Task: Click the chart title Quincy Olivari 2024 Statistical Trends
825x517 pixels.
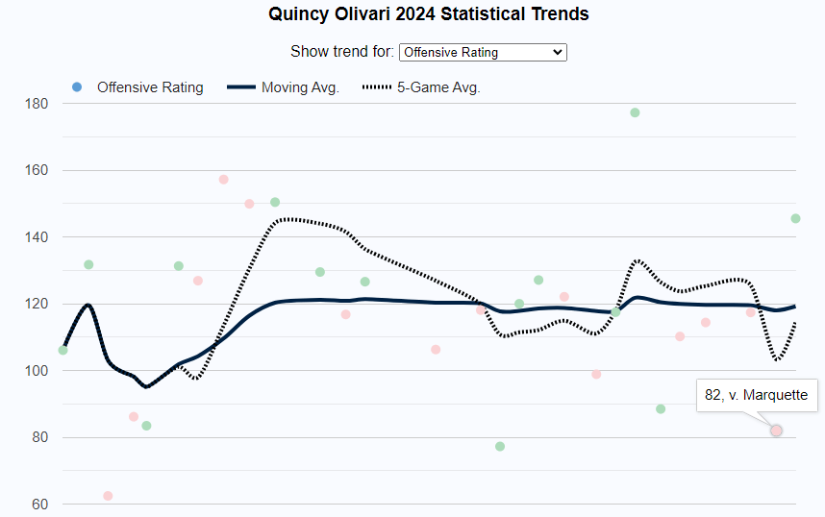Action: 429,14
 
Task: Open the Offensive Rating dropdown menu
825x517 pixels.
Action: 483,52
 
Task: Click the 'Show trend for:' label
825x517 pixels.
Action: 341,52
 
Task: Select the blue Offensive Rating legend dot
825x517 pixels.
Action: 77,87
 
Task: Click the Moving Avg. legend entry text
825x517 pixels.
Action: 300,87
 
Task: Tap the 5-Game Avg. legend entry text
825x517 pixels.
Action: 438,87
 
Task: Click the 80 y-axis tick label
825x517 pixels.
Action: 38,437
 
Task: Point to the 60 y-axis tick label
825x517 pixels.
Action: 38,504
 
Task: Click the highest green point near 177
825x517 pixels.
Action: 635,112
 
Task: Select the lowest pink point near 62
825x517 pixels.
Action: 108,496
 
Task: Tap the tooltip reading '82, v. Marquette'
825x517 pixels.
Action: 757,394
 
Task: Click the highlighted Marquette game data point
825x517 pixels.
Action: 776,431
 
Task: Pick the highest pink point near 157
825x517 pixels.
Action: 223,180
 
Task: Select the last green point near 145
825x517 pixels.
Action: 795,218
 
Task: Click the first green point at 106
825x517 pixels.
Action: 63,350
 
